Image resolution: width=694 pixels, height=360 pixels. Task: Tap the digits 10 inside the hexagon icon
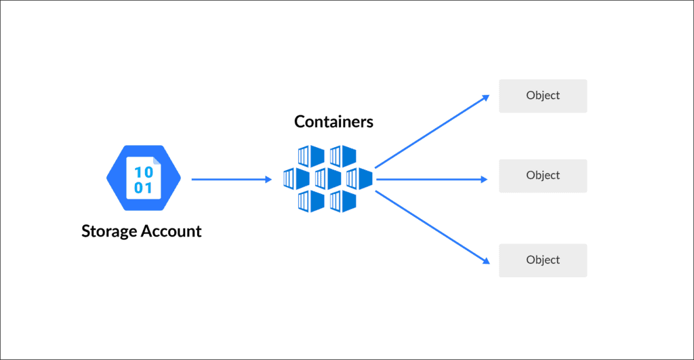[x=143, y=171]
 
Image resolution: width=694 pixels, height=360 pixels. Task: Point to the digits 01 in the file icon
[x=143, y=188]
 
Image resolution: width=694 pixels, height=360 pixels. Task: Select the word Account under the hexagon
[x=171, y=231]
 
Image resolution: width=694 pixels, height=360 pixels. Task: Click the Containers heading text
[x=333, y=122]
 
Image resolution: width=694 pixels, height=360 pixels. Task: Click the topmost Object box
[x=543, y=96]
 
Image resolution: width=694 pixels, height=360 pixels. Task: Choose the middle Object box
[x=543, y=176]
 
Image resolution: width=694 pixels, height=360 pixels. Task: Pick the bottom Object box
[x=543, y=260]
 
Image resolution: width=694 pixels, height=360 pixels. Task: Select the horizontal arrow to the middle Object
[x=431, y=180]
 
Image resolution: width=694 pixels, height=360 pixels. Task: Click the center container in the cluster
[x=328, y=179]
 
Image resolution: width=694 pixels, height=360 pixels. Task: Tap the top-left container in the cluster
[x=312, y=157]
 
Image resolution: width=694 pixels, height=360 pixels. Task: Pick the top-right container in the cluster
[x=344, y=157]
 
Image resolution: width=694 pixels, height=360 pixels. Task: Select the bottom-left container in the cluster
[x=312, y=201]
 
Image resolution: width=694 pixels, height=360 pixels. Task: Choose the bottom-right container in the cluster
[x=344, y=201]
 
